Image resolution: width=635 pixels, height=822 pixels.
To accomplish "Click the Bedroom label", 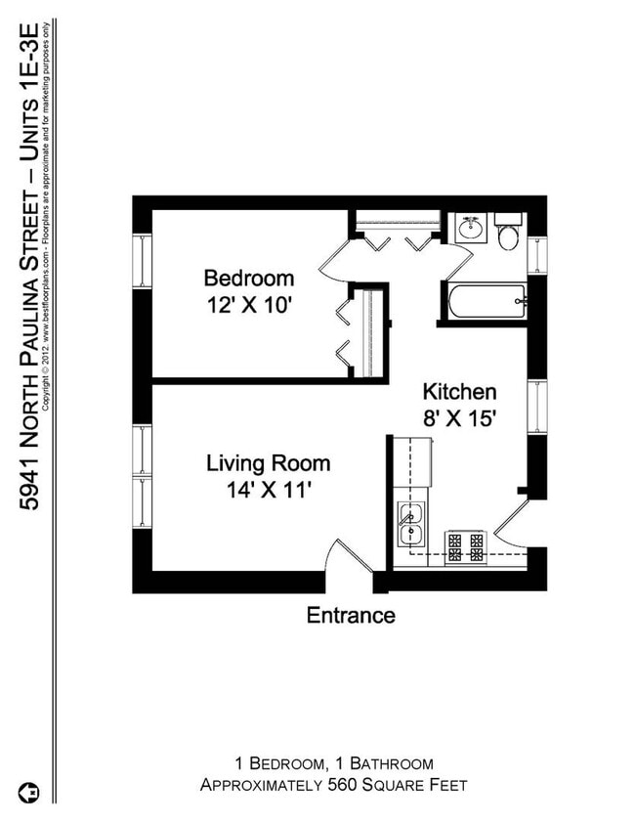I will [248, 277].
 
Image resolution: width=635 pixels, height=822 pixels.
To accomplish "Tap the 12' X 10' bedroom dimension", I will [248, 305].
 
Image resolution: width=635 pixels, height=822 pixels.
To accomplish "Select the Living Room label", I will [268, 463].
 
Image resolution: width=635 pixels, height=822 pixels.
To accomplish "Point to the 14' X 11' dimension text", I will [268, 491].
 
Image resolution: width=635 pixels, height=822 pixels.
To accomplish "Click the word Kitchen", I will [459, 392].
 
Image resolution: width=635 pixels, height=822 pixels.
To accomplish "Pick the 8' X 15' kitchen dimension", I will [461, 420].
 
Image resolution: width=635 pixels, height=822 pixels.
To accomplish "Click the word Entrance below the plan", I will [351, 615].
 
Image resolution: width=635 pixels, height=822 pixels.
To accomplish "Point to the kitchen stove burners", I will [465, 546].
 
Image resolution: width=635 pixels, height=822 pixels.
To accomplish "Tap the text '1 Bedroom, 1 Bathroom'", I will [334, 763].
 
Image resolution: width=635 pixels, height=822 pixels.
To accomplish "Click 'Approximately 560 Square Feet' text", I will [334, 785].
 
